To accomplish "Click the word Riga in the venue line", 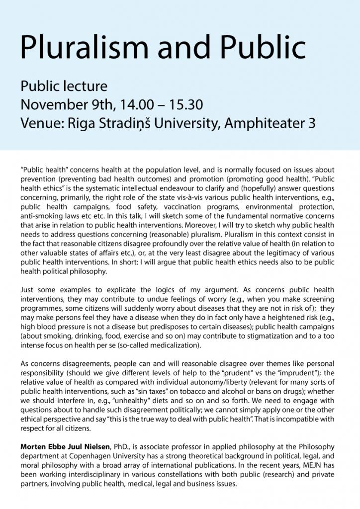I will (95, 124).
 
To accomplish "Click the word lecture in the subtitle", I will (85, 86).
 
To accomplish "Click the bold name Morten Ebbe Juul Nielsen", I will (67, 447).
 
